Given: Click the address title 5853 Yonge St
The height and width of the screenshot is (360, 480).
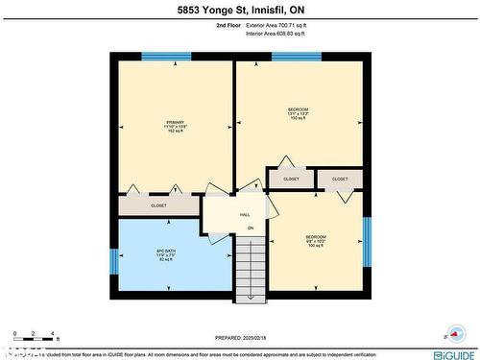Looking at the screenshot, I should click(239, 11).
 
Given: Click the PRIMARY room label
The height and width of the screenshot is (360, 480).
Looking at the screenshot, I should click(175, 126).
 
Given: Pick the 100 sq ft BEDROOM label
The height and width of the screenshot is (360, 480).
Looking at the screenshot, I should click(316, 241).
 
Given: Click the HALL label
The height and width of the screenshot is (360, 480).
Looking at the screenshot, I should click(245, 214).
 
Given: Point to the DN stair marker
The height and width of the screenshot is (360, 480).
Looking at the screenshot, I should click(251, 228).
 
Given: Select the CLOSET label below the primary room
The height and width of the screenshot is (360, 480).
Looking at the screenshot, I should click(158, 205).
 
